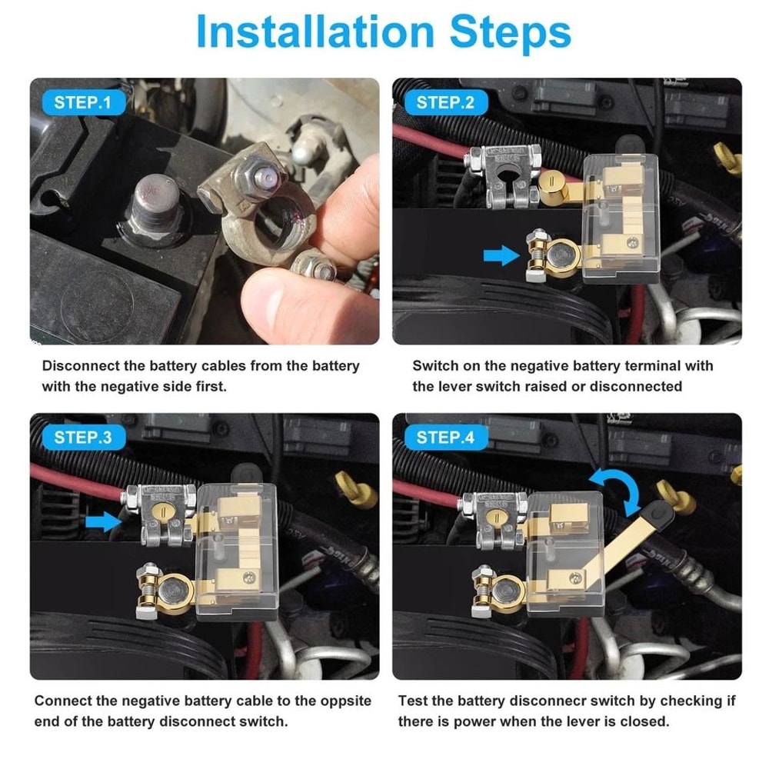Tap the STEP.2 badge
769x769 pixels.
(445, 102)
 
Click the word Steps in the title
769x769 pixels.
(508, 32)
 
